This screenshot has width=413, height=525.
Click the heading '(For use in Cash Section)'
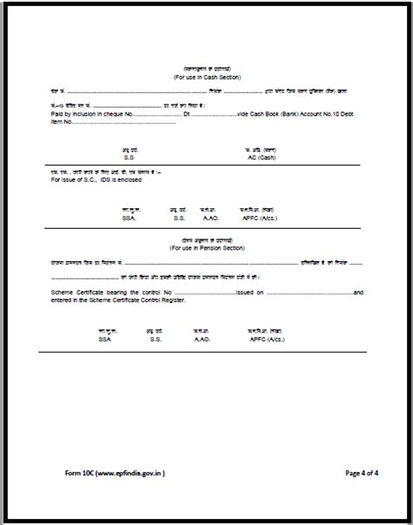pyautogui.click(x=206, y=77)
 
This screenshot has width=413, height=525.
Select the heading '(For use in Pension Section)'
pyautogui.click(x=206, y=248)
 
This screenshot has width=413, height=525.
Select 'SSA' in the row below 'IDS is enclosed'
pyautogui.click(x=130, y=218)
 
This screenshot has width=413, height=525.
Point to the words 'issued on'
pyautogui.click(x=251, y=293)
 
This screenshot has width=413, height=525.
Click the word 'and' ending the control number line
pyautogui.click(x=358, y=293)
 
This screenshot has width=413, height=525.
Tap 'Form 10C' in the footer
pyautogui.click(x=82, y=474)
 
